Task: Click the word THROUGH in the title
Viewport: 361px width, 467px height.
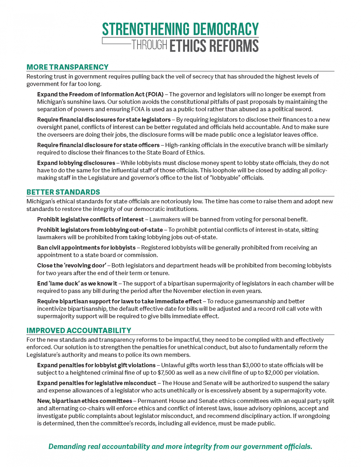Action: [x=149, y=45]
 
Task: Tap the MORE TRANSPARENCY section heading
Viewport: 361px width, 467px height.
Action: [x=68, y=67]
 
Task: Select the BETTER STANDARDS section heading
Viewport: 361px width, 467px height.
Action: [x=63, y=192]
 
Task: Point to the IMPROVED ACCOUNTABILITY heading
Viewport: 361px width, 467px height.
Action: [x=79, y=330]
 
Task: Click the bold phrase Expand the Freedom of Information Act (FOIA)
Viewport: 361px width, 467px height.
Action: [x=100, y=95]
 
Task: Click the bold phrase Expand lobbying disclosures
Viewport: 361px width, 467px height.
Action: [x=76, y=163]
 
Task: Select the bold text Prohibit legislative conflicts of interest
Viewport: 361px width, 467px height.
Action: [x=90, y=220]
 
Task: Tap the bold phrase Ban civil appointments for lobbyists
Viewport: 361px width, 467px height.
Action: [x=86, y=248]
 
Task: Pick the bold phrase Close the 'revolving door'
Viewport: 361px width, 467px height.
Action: [x=72, y=265]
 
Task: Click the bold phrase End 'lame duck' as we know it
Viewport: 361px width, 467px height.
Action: [x=77, y=283]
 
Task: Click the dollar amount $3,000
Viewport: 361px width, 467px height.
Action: [x=251, y=365]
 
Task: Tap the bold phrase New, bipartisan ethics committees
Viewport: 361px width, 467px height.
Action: [x=85, y=401]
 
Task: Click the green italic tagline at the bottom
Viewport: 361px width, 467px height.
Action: [x=180, y=446]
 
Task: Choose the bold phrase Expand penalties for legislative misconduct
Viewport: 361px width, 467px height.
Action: [x=97, y=383]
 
